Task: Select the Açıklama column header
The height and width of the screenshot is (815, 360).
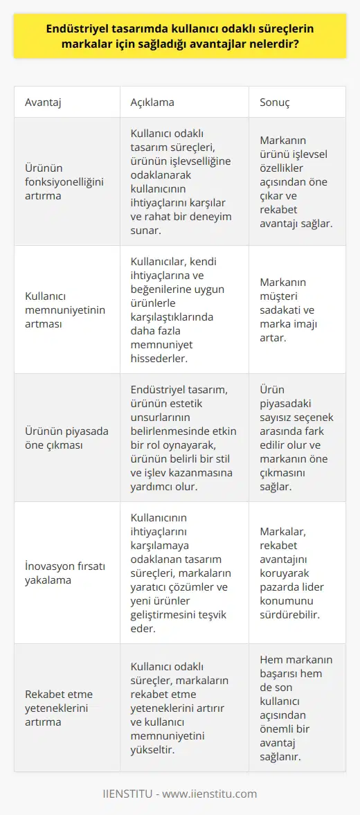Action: click(152, 102)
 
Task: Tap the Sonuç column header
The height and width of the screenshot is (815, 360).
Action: click(274, 102)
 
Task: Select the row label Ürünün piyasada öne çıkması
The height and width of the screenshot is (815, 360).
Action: click(65, 437)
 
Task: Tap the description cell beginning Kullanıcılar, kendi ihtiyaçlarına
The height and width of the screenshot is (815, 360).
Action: click(182, 309)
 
